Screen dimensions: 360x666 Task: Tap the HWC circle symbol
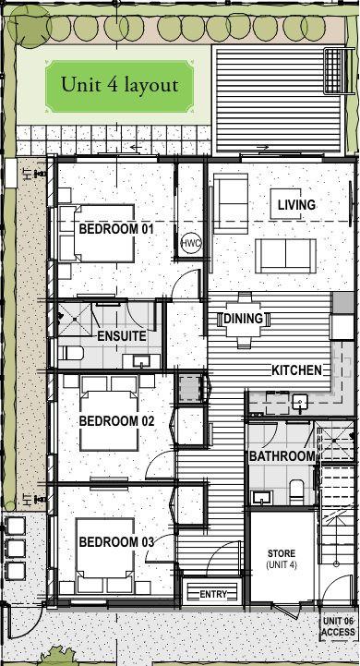pos(190,243)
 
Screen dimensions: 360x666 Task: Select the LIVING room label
pos(296,205)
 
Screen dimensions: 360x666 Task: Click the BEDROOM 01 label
pos(116,229)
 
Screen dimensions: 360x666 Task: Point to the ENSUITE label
pos(122,336)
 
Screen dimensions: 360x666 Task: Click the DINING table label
pos(244,318)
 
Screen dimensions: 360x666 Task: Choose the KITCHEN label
pos(296,370)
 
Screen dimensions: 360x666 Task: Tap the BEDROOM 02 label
pos(116,421)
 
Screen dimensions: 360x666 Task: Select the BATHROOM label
pos(282,456)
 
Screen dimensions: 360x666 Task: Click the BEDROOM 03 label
pos(116,542)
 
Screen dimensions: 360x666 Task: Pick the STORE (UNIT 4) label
pos(282,559)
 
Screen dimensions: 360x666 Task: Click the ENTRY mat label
pos(213,594)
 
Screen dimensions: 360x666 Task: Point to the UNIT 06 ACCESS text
pos(338,626)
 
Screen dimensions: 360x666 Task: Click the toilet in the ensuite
pos(68,352)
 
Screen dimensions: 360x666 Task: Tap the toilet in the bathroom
pos(296,491)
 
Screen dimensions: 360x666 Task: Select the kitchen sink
pos(300,402)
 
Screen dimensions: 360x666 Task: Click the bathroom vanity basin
pos(259,497)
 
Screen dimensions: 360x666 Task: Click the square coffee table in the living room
pos(286,204)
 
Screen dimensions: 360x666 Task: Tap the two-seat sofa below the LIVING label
pos(285,256)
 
